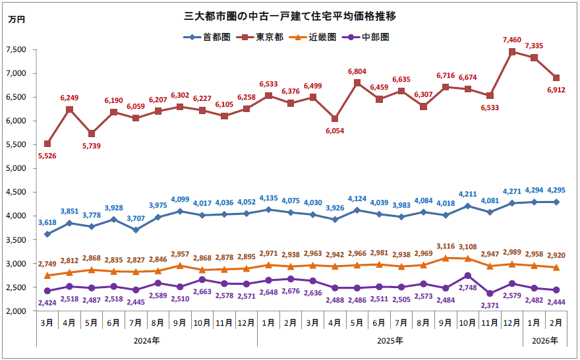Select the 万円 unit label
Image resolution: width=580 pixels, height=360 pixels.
click(16, 20)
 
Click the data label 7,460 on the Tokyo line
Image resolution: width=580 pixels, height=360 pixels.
click(512, 41)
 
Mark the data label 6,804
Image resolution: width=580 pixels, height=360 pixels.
click(357, 71)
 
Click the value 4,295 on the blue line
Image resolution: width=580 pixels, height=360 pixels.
click(557, 191)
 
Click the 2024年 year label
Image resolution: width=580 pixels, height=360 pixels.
click(146, 341)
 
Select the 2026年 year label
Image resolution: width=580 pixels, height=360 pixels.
click(545, 341)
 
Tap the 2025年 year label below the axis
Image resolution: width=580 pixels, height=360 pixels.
click(390, 341)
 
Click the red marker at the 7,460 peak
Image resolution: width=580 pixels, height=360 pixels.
click(512, 51)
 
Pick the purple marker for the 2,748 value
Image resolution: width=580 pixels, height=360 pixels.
click(468, 276)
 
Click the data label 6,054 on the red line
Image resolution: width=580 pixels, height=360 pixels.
click(335, 131)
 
